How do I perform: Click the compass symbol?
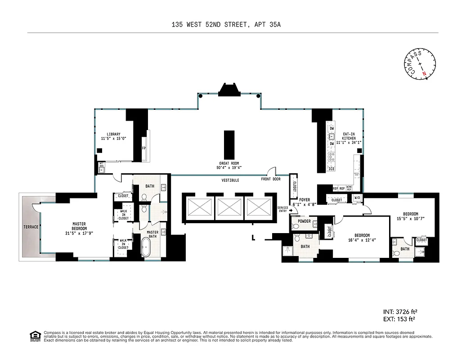click(x=421, y=65)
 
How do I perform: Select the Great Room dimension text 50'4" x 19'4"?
click(x=229, y=167)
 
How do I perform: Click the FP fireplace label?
click(x=144, y=148)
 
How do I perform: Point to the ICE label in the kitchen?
click(x=332, y=169)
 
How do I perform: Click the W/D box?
click(x=358, y=198)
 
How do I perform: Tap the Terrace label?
click(x=31, y=227)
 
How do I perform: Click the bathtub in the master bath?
click(x=147, y=248)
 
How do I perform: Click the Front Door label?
click(x=271, y=179)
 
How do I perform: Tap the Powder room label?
click(x=304, y=221)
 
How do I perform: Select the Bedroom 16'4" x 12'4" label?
click(x=362, y=238)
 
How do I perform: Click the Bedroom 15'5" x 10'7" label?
click(x=410, y=216)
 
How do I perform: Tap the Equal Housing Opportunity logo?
click(x=35, y=336)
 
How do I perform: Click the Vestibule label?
click(x=230, y=180)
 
